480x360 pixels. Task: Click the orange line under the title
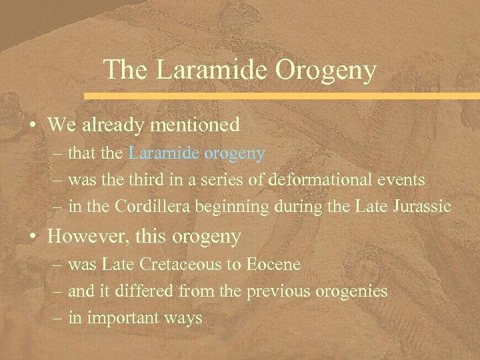coord(280,96)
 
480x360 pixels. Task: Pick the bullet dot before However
coord(32,237)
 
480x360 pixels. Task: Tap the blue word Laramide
coord(164,153)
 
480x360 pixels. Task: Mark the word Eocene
coord(273,265)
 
